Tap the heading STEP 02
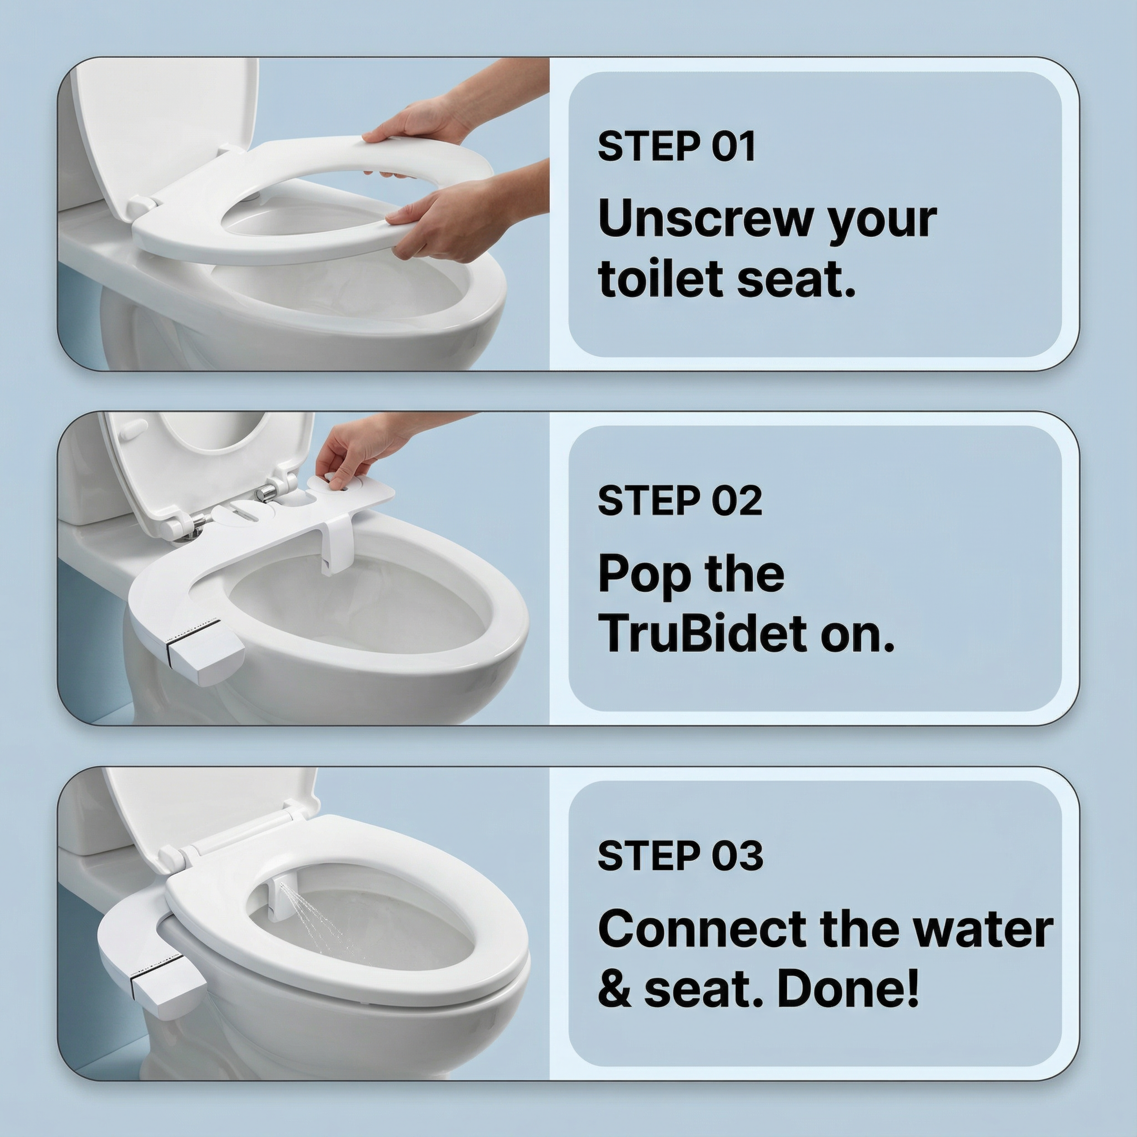pyautogui.click(x=680, y=501)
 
